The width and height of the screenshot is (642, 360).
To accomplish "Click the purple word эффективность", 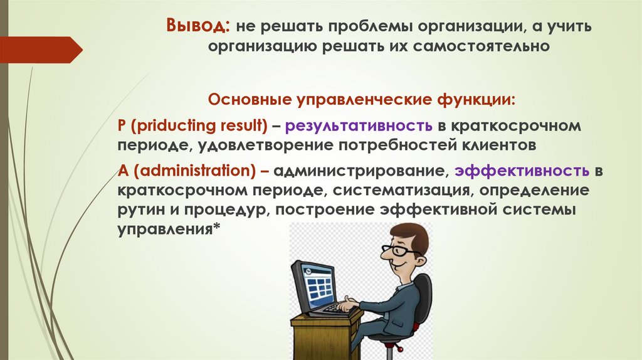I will tap(522, 170).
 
